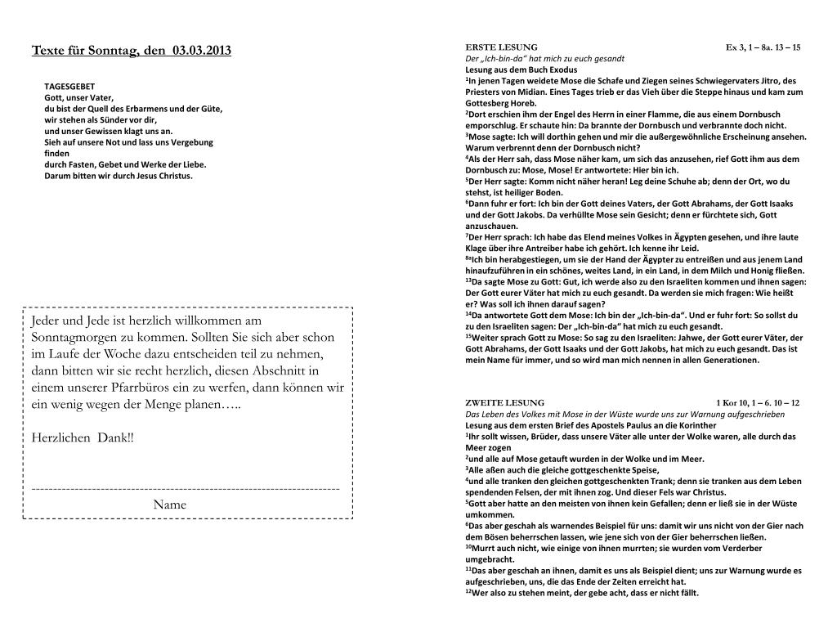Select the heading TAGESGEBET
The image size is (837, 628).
coord(69,86)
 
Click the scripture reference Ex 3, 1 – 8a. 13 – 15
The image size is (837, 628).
coord(763,47)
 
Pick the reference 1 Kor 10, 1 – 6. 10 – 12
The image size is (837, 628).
coord(757,403)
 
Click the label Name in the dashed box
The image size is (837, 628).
coord(169,505)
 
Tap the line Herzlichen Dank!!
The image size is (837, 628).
coord(82,438)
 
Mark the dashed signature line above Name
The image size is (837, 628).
coord(186,489)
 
